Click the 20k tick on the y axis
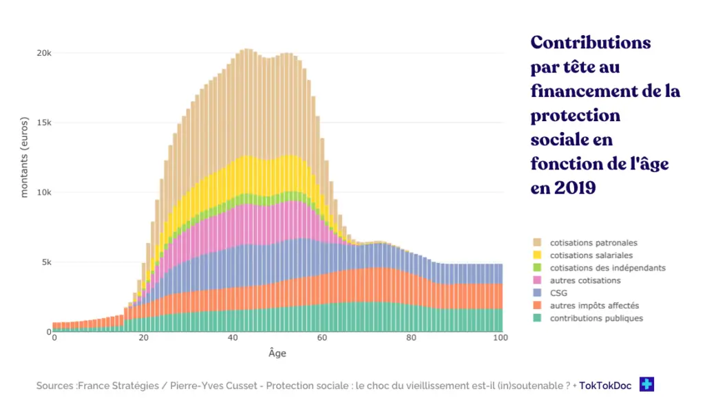(x=43, y=53)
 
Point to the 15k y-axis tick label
(x=43, y=123)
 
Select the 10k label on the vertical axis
(x=43, y=192)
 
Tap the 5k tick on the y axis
(x=46, y=262)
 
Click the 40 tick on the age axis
(x=233, y=339)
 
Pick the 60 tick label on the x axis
(x=322, y=339)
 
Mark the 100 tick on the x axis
(x=501, y=339)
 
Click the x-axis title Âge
(x=277, y=354)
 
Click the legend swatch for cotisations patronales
(x=537, y=243)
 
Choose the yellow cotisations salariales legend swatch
(x=537, y=255)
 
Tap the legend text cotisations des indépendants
(x=607, y=268)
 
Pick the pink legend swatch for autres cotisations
(x=537, y=280)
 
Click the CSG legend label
(x=558, y=293)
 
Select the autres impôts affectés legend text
(x=594, y=306)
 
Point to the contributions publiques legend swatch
(x=537, y=318)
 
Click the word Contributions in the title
(x=590, y=43)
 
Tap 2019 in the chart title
(x=573, y=188)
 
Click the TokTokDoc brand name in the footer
(x=606, y=386)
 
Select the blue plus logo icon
(x=646, y=384)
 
